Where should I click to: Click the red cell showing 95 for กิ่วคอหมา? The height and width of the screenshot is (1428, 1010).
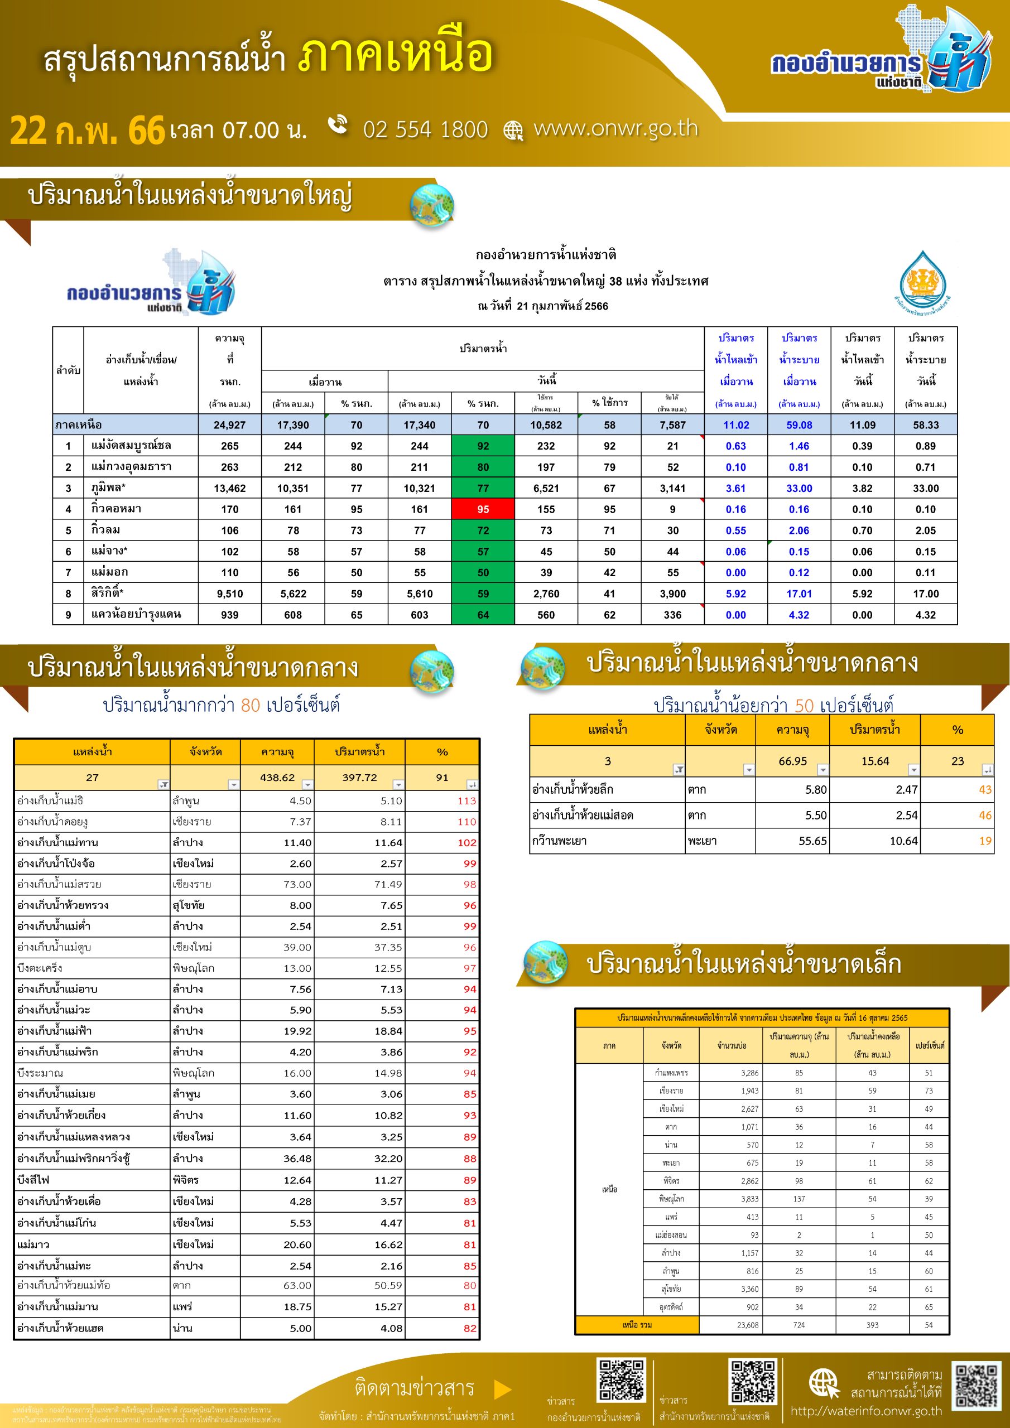click(483, 509)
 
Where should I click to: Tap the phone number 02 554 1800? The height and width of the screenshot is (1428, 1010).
click(425, 129)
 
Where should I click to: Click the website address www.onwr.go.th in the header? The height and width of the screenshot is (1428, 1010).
click(615, 128)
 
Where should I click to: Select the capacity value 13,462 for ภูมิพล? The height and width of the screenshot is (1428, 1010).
click(230, 488)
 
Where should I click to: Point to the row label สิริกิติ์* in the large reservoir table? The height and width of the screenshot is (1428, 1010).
click(107, 594)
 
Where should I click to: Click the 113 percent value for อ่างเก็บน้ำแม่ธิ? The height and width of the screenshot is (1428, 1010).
click(466, 801)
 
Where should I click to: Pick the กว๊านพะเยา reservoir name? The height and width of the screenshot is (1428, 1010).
click(559, 841)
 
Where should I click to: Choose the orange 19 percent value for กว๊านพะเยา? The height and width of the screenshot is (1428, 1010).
click(984, 841)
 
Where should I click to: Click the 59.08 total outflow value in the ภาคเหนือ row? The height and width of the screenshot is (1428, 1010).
click(799, 425)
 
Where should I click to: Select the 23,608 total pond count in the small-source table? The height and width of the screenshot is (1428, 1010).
click(747, 1325)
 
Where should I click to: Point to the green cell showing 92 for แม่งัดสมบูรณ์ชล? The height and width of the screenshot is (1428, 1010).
click(483, 446)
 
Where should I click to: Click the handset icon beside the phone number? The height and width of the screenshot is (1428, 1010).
click(338, 124)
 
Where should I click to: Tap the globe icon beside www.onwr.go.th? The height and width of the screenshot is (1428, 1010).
click(513, 131)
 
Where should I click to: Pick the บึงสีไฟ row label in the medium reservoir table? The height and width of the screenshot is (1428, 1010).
click(33, 1180)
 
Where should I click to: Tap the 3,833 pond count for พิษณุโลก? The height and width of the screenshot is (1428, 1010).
click(750, 1199)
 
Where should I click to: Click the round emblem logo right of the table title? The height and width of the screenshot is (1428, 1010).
click(922, 282)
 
